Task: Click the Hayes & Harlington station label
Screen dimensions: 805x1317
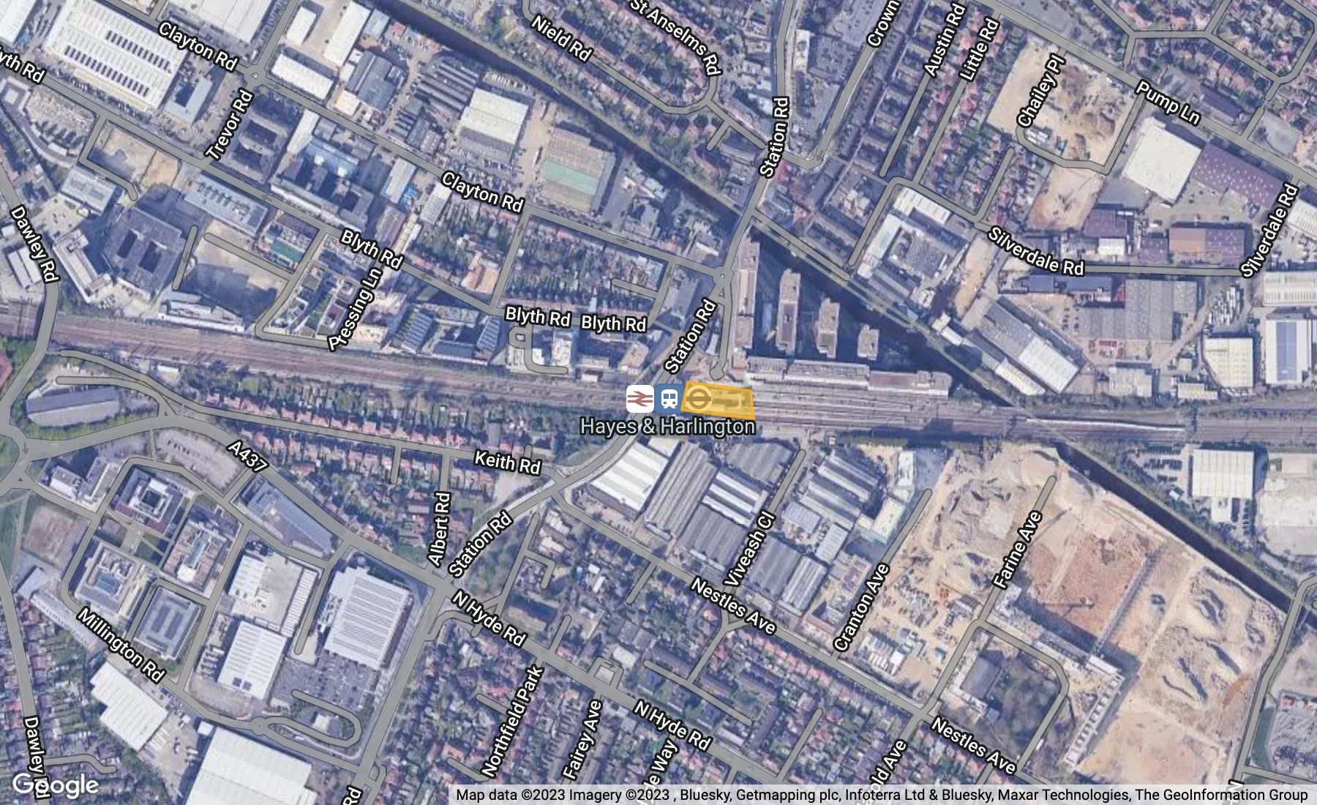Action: (667, 427)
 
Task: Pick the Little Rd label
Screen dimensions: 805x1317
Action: (980, 50)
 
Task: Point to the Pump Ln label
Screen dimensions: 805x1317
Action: (1168, 103)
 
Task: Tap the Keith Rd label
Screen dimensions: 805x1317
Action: (507, 463)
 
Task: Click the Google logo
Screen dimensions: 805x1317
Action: (56, 785)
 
